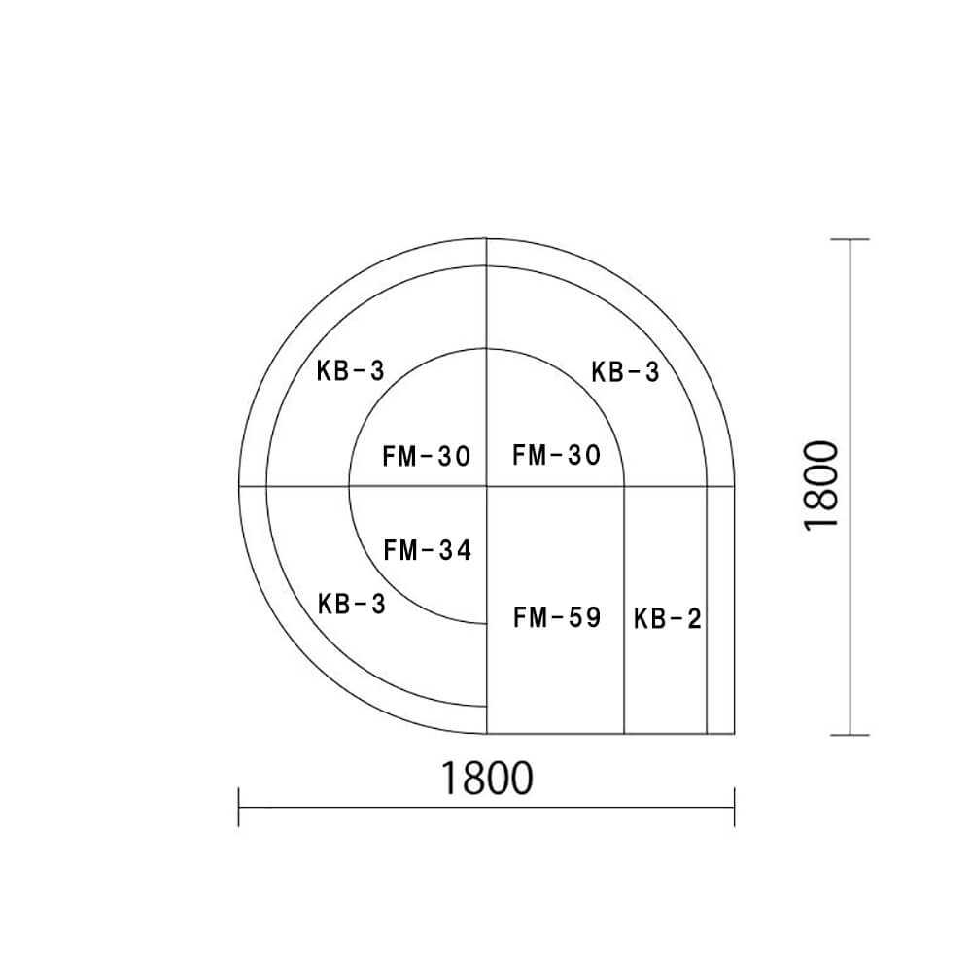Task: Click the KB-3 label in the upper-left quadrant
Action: (351, 370)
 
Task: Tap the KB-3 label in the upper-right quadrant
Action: (626, 371)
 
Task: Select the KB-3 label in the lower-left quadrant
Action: (352, 604)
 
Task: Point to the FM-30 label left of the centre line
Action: (427, 456)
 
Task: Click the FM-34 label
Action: (428, 550)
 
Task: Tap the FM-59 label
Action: (557, 617)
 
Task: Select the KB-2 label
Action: (667, 618)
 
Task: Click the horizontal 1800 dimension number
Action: (487, 778)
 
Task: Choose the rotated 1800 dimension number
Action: (822, 485)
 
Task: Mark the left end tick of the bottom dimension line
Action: (239, 807)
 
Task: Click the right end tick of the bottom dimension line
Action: (734, 807)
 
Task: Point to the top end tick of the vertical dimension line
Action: (851, 239)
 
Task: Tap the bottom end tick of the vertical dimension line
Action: (851, 735)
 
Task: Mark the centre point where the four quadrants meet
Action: (487, 485)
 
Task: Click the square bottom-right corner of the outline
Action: (734, 734)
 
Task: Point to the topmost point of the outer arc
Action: (486, 238)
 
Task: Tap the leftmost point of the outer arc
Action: (239, 485)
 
